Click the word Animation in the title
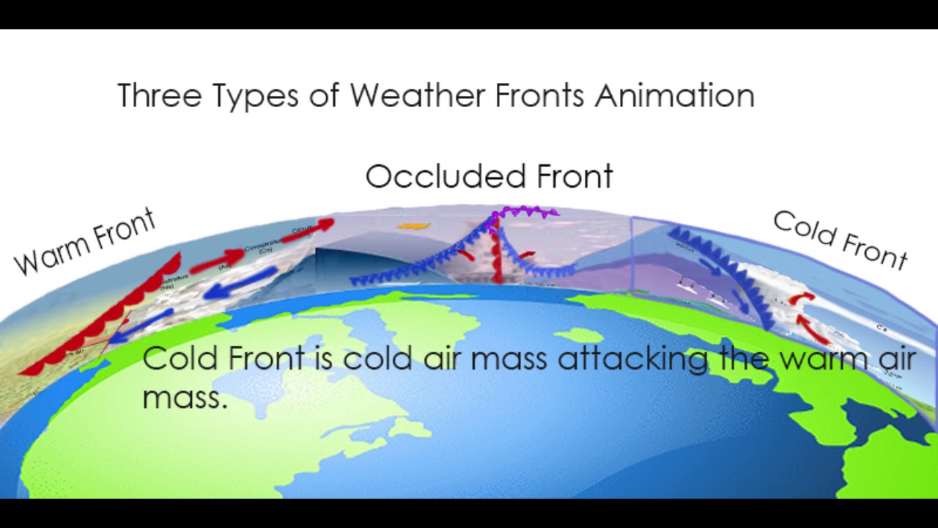click(x=674, y=96)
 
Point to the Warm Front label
click(x=85, y=242)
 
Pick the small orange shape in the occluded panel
click(x=411, y=227)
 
